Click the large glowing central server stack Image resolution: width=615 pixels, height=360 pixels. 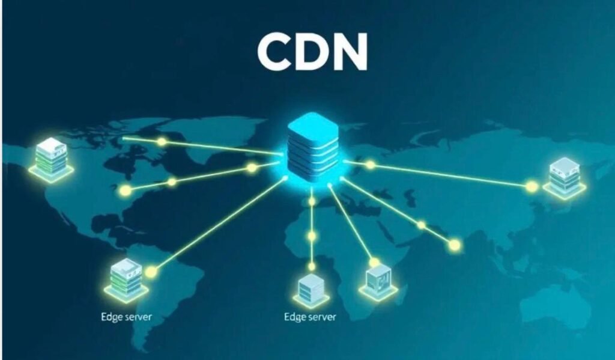[x=312, y=147]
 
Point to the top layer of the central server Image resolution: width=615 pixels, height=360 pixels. [x=312, y=124]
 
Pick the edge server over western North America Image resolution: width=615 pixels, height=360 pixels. [x=51, y=157]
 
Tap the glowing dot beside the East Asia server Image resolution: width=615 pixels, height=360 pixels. [x=532, y=187]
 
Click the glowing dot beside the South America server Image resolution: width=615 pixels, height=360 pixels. [x=151, y=272]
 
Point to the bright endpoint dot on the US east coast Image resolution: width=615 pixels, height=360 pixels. [x=125, y=191]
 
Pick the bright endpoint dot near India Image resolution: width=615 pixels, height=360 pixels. [x=455, y=245]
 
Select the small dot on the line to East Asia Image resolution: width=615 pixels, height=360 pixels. [x=371, y=164]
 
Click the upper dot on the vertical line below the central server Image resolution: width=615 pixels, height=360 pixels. [x=312, y=202]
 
